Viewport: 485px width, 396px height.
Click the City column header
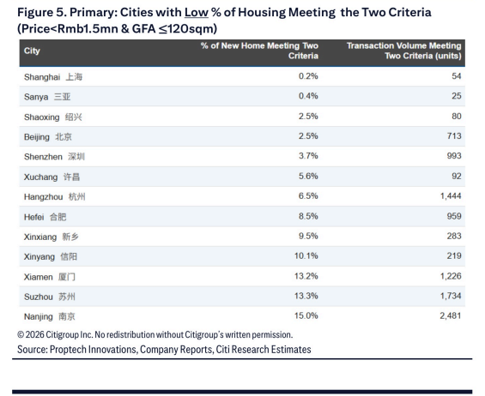tap(32, 51)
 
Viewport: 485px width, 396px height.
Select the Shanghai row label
tap(53, 76)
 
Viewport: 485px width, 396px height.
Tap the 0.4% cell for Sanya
tap(308, 96)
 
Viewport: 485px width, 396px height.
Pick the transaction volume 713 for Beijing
tap(454, 136)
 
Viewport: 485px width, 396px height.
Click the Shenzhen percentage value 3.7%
tap(308, 156)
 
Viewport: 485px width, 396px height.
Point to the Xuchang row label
tap(52, 177)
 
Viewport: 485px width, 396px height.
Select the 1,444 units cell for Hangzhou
tap(451, 195)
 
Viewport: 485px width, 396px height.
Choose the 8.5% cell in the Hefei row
tap(308, 216)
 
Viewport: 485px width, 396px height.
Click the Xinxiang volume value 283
tap(454, 236)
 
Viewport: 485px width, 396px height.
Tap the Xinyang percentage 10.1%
tap(306, 255)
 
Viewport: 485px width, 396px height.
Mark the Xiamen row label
tap(50, 277)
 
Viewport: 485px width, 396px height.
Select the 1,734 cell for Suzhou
tap(451, 296)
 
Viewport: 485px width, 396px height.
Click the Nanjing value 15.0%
tap(306, 315)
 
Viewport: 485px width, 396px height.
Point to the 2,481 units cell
tap(451, 315)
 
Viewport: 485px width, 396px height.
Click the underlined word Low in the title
tap(197, 13)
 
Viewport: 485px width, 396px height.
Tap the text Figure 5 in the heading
tap(42, 13)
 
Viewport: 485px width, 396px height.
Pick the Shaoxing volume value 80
tap(456, 117)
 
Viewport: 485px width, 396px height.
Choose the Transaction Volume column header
tap(404, 51)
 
